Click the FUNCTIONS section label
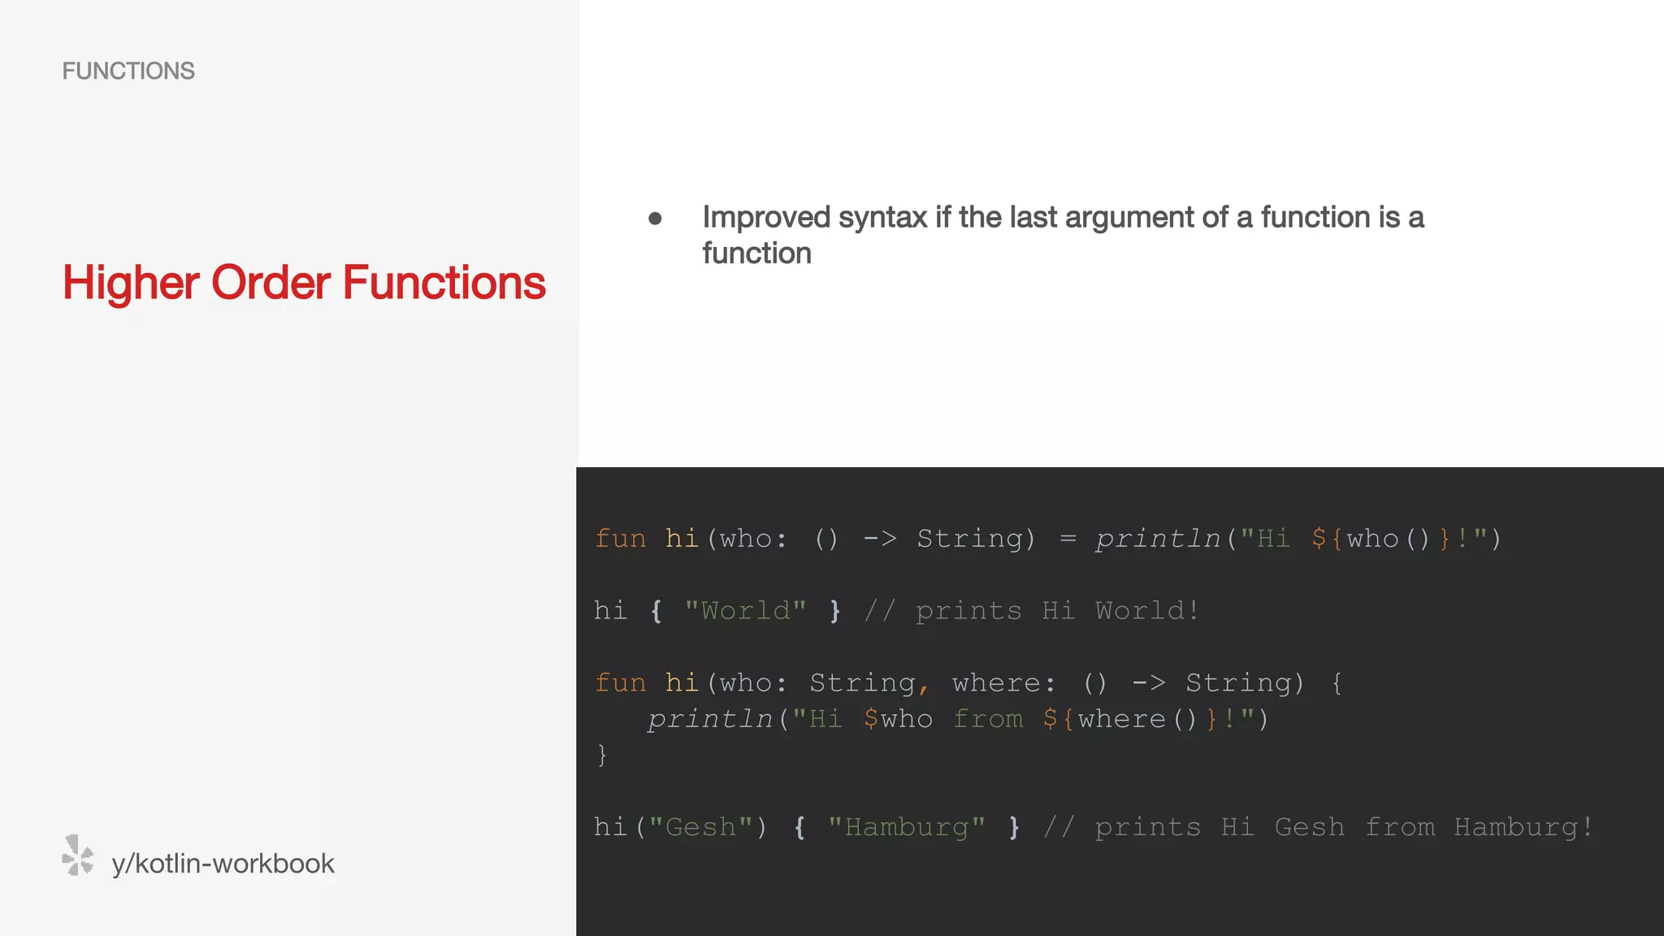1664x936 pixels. click(x=128, y=71)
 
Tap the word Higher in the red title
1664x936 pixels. click(x=131, y=284)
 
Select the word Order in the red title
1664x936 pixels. click(x=271, y=284)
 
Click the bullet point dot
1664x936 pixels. click(x=655, y=219)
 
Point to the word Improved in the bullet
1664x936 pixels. click(x=766, y=218)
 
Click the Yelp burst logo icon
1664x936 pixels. click(x=78, y=856)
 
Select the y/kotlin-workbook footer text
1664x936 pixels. click(x=223, y=864)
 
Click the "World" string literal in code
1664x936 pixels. click(x=745, y=611)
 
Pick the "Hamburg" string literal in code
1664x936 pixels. click(x=907, y=827)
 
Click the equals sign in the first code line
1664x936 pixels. click(x=1068, y=539)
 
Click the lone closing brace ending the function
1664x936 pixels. click(x=602, y=756)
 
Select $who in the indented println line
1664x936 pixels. click(x=898, y=719)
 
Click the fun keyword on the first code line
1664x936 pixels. click(x=621, y=539)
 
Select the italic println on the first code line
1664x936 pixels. click(x=1157, y=539)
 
